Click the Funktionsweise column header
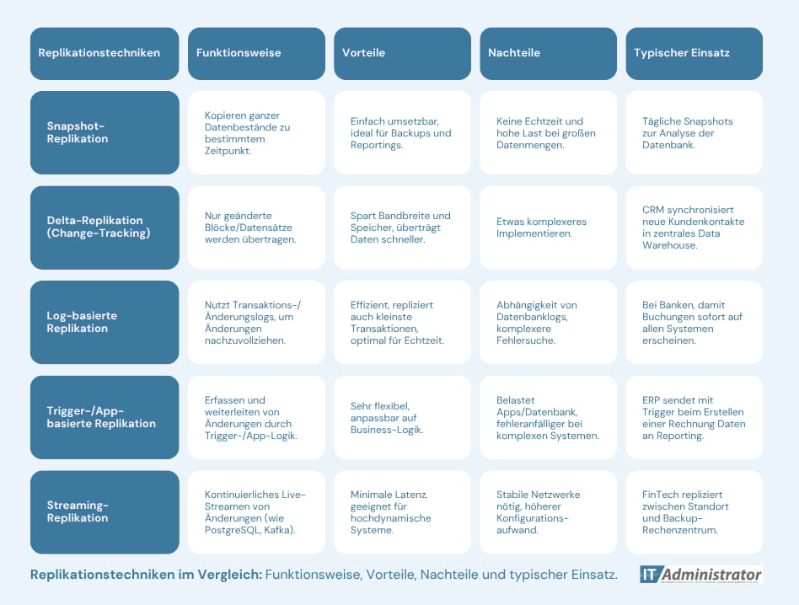coord(256,53)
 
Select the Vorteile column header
coord(402,53)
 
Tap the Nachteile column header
coord(549,53)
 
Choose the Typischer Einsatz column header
coord(694,53)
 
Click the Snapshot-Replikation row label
coord(105,132)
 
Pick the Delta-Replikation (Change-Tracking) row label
coord(105,228)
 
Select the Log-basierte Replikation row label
coord(105,322)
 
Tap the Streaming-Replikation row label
coord(105,511)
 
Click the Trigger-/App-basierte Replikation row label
coord(105,417)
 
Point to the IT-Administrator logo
coord(701,575)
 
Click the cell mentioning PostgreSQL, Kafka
coord(256,511)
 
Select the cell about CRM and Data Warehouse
coord(694,228)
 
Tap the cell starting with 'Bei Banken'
coord(694,322)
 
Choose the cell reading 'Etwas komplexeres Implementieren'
coord(549,228)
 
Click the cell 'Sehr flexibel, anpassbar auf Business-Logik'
coord(402,417)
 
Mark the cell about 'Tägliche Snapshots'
coord(694,132)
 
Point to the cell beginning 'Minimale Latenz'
coord(402,511)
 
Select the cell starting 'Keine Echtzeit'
coord(549,132)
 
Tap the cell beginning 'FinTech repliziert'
coord(694,511)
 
